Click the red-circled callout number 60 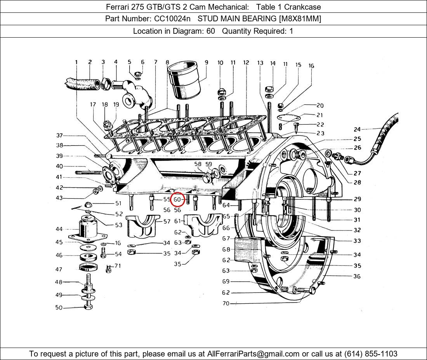click(x=178, y=199)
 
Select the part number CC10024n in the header click(x=172, y=19)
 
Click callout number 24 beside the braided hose click(x=357, y=130)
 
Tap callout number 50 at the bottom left click(x=59, y=308)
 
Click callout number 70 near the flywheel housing click(x=226, y=303)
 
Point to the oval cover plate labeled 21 click(x=288, y=117)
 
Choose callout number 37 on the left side click(x=59, y=135)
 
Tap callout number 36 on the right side click(x=357, y=276)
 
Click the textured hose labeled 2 click(x=81, y=83)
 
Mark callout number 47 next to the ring click(x=59, y=269)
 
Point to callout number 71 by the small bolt click(x=117, y=266)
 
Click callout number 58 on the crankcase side click(x=198, y=164)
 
